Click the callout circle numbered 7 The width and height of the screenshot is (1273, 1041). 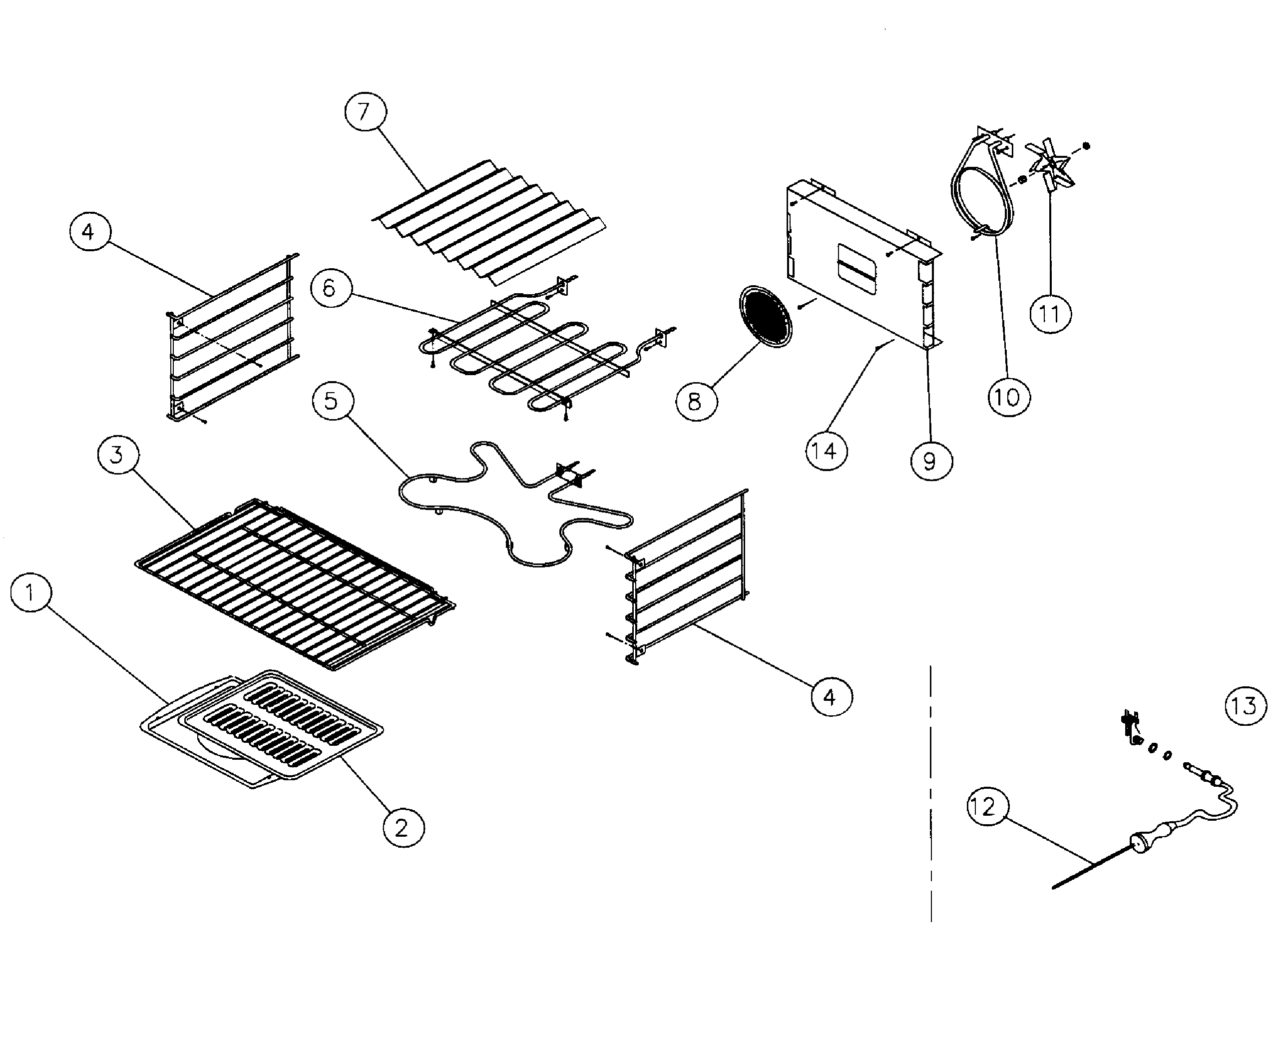(365, 111)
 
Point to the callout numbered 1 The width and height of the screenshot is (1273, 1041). (31, 592)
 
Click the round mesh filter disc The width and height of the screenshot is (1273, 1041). (765, 317)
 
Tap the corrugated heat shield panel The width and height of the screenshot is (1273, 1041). (489, 222)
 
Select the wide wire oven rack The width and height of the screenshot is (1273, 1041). (294, 581)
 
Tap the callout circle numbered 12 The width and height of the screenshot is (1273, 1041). (987, 807)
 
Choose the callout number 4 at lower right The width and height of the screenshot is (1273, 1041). (831, 697)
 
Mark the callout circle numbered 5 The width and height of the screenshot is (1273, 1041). (333, 401)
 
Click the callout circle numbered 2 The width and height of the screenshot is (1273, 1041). (403, 828)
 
